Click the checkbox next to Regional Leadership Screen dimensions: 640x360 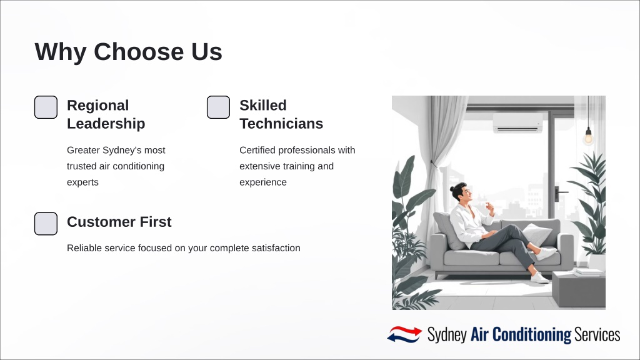(46, 107)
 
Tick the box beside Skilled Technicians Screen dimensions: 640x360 (218, 107)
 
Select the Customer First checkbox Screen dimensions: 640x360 (46, 224)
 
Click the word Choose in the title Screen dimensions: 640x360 (139, 52)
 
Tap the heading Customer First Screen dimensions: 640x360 (119, 222)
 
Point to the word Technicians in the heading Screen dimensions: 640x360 (281, 124)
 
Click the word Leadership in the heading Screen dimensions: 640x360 (106, 124)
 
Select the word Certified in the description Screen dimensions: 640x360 (257, 150)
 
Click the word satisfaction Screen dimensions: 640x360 (276, 248)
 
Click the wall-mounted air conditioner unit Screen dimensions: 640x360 (518, 122)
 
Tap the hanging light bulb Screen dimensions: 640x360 (588, 136)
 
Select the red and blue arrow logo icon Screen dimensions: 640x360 (404, 334)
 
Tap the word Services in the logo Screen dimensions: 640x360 (597, 335)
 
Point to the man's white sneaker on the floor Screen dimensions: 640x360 (539, 278)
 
